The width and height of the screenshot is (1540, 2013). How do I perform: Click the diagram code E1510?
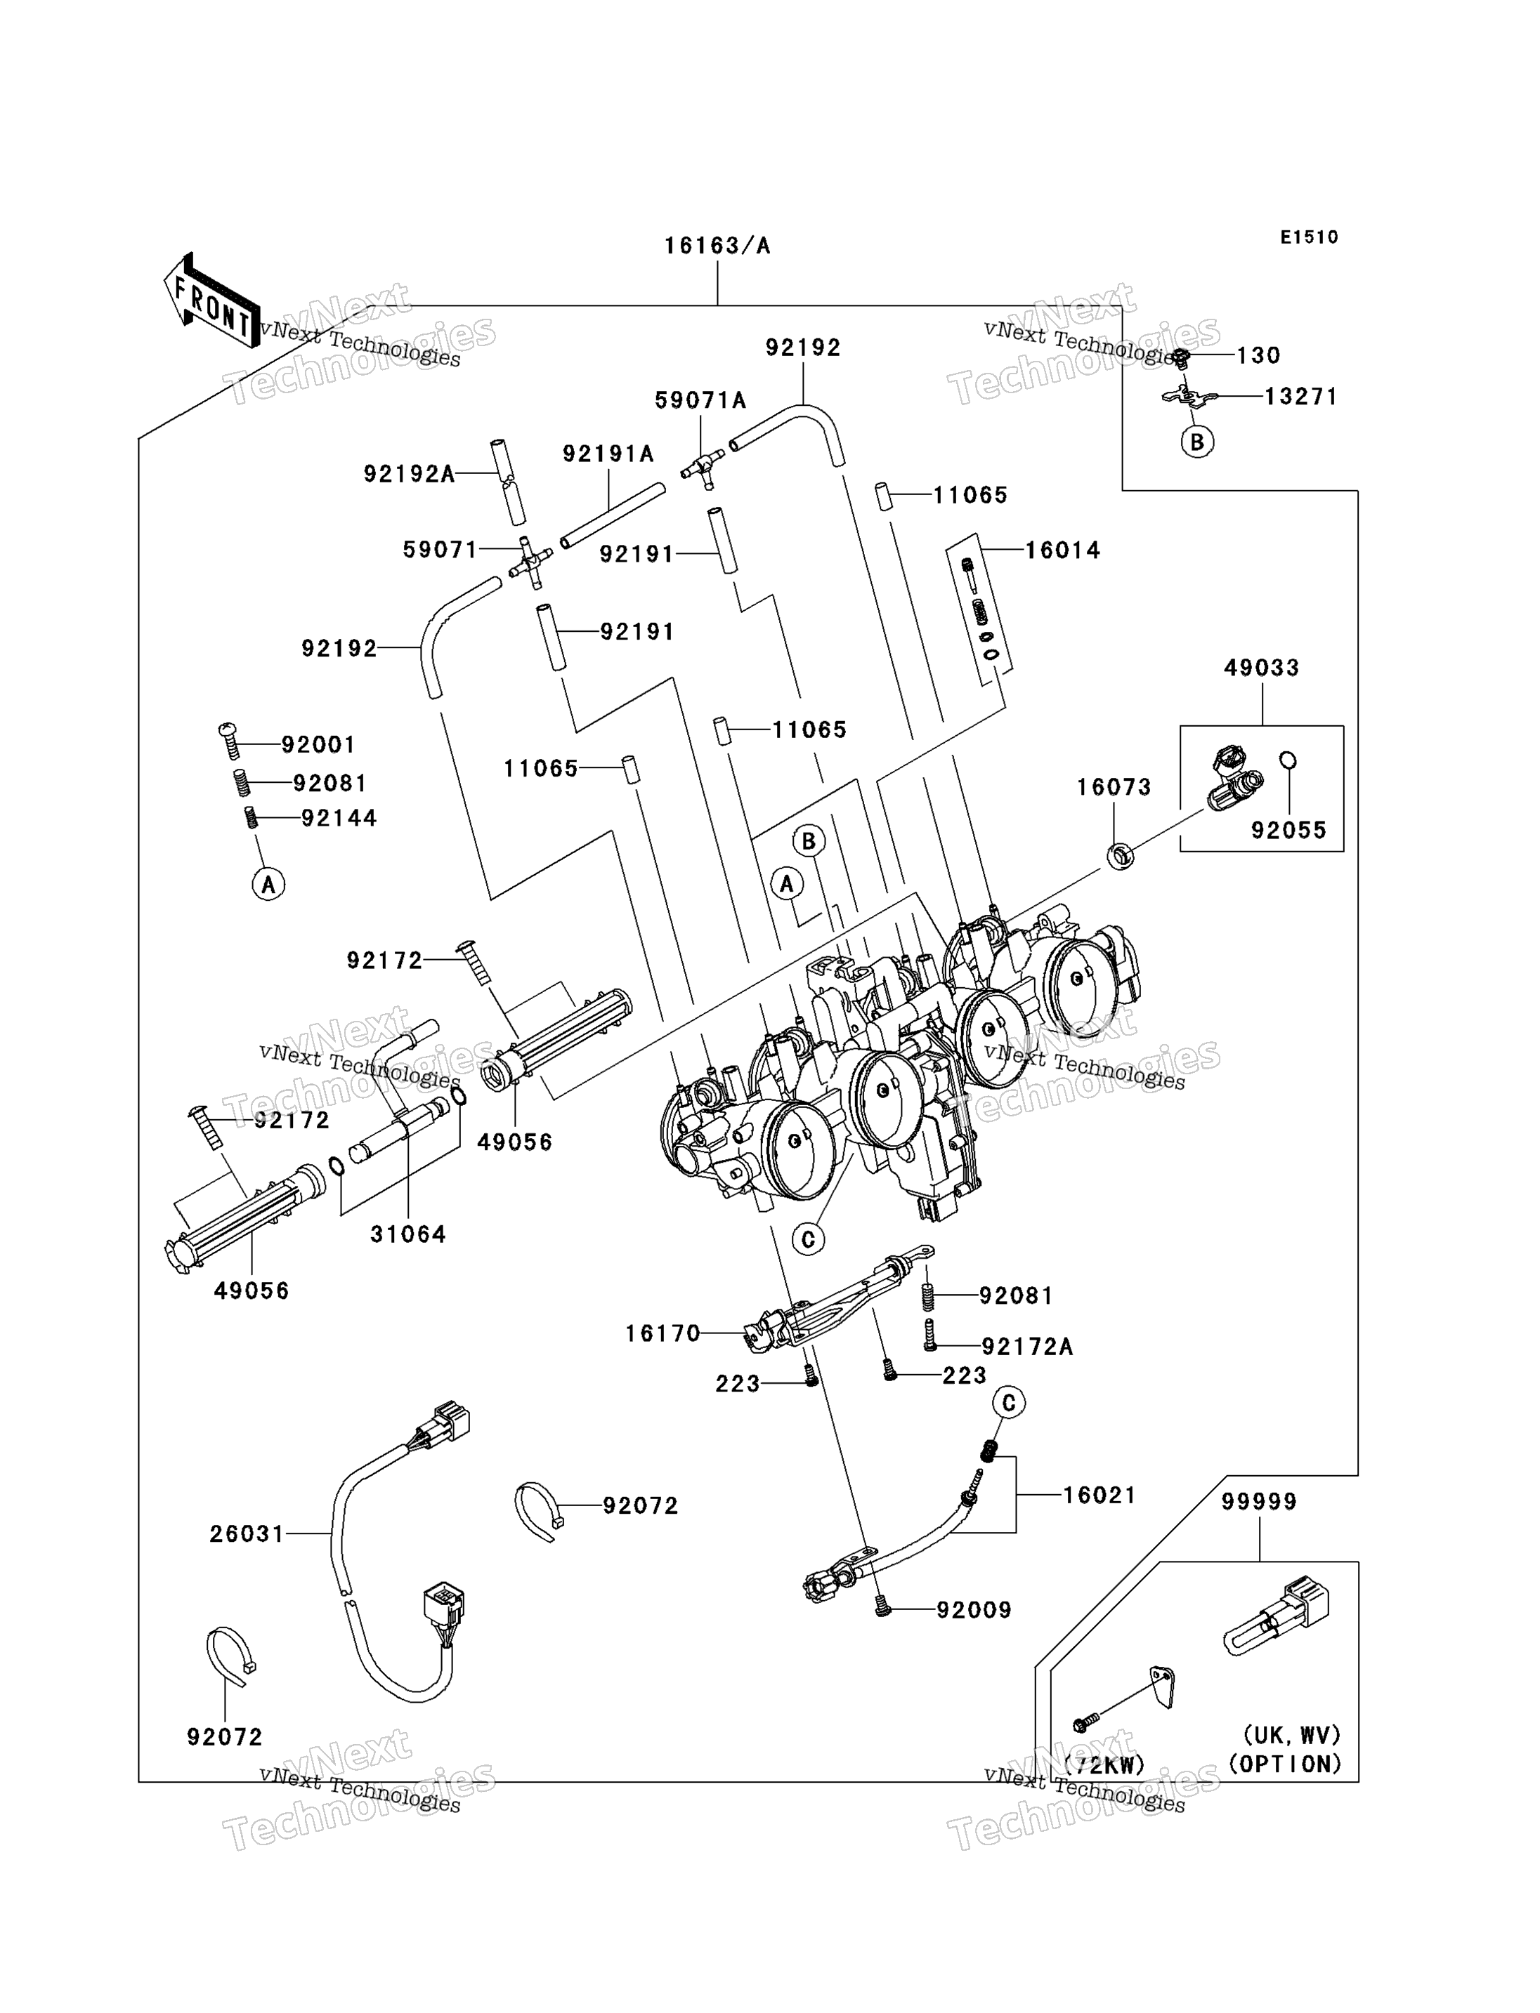[x=1309, y=237]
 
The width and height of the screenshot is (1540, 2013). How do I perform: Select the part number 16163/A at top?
[x=717, y=246]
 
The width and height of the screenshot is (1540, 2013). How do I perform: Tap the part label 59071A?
[x=700, y=400]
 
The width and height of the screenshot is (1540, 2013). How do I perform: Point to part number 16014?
[x=1062, y=550]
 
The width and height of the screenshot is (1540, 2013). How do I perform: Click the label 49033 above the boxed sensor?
[x=1261, y=668]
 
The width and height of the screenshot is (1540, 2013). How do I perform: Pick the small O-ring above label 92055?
[x=1287, y=760]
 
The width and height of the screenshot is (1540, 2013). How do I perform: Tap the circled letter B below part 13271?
[x=1197, y=442]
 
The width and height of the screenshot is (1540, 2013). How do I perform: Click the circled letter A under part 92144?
[x=268, y=884]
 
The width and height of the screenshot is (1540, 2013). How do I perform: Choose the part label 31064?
[x=408, y=1235]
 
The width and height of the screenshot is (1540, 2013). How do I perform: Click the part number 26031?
[x=247, y=1534]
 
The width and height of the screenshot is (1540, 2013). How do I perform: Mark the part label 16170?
[x=663, y=1333]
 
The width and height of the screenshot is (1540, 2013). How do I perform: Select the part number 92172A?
[x=1026, y=1347]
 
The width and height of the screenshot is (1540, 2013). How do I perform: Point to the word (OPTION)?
[x=1284, y=1764]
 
